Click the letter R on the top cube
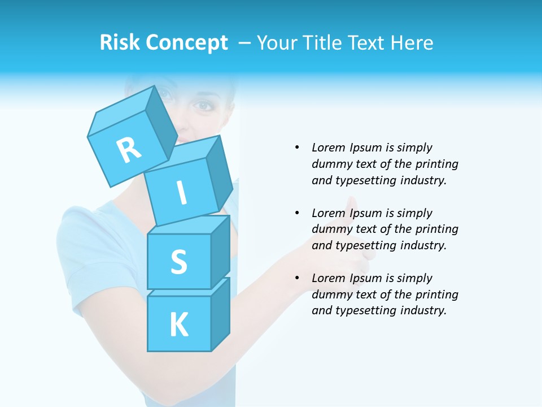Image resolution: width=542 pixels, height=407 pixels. click(129, 150)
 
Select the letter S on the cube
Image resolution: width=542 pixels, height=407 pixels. click(178, 262)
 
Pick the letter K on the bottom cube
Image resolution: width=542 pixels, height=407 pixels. click(178, 325)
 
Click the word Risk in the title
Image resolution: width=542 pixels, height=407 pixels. click(120, 42)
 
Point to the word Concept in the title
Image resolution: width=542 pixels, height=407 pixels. click(187, 43)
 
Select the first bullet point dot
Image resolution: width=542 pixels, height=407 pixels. click(298, 148)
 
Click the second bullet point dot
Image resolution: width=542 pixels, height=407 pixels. click(298, 213)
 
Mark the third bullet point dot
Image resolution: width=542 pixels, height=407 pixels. click(298, 278)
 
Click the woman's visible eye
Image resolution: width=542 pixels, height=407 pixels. click(203, 105)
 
